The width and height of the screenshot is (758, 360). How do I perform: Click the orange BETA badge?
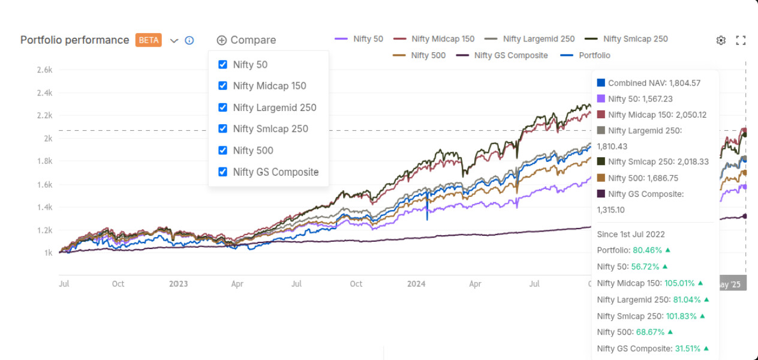(148, 40)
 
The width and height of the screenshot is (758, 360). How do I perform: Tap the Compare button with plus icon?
(246, 40)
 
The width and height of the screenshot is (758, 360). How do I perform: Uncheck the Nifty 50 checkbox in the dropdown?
(222, 65)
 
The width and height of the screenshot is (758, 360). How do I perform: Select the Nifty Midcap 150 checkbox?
(222, 86)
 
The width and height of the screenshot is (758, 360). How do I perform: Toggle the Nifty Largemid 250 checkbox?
(222, 107)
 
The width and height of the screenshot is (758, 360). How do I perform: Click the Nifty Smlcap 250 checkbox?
(222, 128)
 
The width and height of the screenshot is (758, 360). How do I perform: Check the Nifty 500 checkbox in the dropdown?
(222, 150)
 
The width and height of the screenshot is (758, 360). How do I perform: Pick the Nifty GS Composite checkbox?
(222, 172)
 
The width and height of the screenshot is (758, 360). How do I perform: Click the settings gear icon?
(721, 40)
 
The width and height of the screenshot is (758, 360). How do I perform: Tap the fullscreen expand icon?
(741, 40)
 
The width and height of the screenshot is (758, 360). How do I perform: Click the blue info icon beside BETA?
(189, 40)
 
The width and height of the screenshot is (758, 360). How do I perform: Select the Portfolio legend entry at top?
(585, 55)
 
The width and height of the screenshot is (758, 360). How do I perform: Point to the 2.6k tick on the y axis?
(44, 70)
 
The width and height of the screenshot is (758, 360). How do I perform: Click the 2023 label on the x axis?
(178, 284)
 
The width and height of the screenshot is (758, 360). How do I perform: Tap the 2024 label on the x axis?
(416, 284)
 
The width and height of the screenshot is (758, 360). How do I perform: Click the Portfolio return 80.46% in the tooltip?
(647, 250)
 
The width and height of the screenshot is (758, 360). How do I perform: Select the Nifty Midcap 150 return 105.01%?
(679, 283)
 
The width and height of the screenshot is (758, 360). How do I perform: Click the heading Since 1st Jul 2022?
(631, 234)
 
